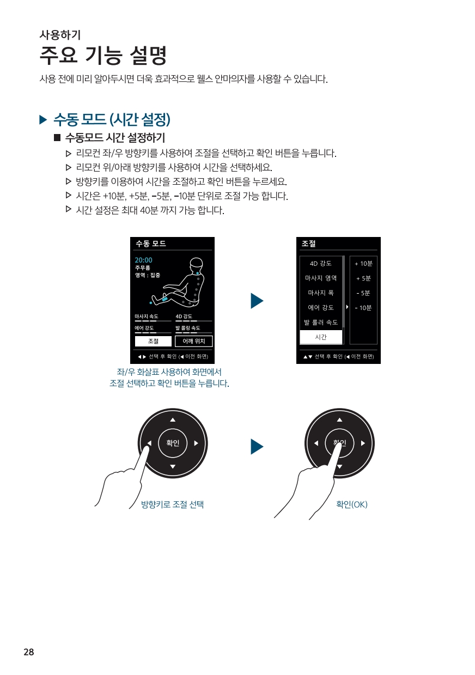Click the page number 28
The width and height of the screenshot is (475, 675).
pos(29,652)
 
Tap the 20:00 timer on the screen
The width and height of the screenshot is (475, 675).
pos(143,260)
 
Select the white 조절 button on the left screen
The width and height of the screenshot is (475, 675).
pos(153,341)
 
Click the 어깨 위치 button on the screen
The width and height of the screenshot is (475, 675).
pos(194,341)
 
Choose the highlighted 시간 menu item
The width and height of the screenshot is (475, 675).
pos(321,337)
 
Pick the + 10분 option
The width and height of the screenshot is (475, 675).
pos(363,264)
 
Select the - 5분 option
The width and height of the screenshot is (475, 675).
pos(363,293)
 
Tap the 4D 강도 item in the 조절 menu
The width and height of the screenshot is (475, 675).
pos(321,263)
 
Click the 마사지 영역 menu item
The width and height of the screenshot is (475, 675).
pos(321,278)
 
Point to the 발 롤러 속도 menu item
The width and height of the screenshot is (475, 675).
pos(321,323)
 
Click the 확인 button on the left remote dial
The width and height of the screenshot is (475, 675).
pos(173,443)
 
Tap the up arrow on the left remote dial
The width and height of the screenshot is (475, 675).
pos(173,420)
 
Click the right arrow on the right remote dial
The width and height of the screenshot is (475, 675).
pos(363,443)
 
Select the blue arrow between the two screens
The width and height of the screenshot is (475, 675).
pos(257,301)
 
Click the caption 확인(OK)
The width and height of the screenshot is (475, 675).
pos(352,504)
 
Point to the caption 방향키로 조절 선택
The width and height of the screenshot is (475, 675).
pos(172,504)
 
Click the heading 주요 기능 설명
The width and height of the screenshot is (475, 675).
pos(103,55)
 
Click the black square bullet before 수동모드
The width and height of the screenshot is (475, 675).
pos(57,138)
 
